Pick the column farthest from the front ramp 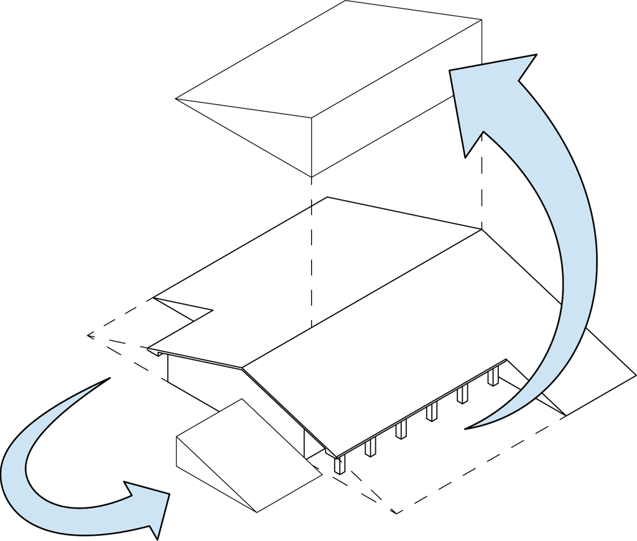coord(493,375)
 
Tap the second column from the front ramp coord(370,447)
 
